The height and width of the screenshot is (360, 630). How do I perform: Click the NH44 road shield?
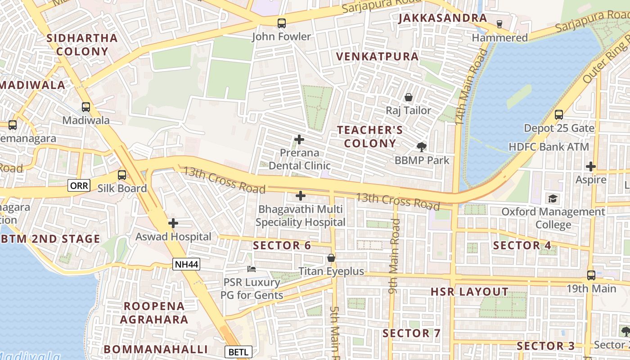coord(186,264)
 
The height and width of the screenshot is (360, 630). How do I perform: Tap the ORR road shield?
coord(79,185)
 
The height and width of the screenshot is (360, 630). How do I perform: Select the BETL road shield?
coord(238,352)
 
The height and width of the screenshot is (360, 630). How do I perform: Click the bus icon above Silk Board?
coord(122,175)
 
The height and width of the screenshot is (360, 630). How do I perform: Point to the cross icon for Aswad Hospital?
coord(173,223)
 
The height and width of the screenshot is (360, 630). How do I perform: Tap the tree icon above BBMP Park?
coord(422,147)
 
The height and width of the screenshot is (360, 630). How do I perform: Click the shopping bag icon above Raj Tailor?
coord(409,97)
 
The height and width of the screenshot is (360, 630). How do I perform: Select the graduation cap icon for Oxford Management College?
coord(553,198)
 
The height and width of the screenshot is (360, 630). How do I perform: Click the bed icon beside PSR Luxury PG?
coord(252,269)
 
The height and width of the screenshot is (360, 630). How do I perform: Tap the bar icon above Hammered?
coord(499,24)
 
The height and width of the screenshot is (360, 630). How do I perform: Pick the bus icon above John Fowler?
coord(282,23)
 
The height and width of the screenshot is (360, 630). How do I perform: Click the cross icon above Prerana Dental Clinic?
coord(299,139)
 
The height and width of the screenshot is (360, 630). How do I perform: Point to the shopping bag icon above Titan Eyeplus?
coord(331,258)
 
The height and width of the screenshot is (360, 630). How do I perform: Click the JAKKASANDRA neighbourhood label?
coord(443,18)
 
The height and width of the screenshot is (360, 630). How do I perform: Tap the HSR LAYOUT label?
coord(469,292)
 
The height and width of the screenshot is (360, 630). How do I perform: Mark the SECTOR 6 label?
coord(282,246)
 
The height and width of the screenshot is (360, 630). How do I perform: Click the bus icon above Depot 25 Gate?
coord(559,115)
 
